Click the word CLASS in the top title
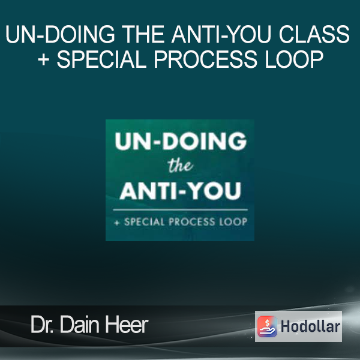click(314, 34)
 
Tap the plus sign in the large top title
click(44, 59)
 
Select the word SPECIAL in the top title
click(102, 59)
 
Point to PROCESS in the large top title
click(205, 59)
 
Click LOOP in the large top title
click(294, 59)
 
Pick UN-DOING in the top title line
click(60, 34)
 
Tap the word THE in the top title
click(143, 34)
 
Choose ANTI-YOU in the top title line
click(222, 34)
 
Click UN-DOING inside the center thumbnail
click(181, 141)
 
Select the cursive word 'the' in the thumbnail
click(180, 165)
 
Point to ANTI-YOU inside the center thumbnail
click(180, 191)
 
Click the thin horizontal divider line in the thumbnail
click(181, 209)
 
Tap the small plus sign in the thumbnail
click(117, 222)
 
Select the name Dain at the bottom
click(79, 325)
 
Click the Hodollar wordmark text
click(310, 326)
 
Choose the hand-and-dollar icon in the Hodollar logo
click(267, 326)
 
